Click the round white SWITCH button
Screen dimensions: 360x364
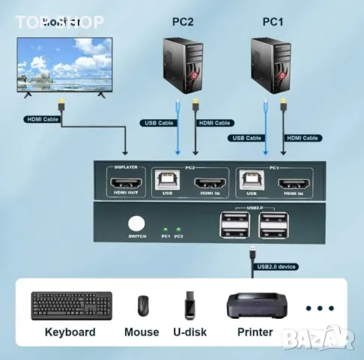(x=136, y=223)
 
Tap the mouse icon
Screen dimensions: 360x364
(x=142, y=305)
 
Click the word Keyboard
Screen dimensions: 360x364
(x=70, y=331)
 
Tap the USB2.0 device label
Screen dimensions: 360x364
(x=277, y=265)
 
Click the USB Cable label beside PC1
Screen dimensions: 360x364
(x=246, y=138)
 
